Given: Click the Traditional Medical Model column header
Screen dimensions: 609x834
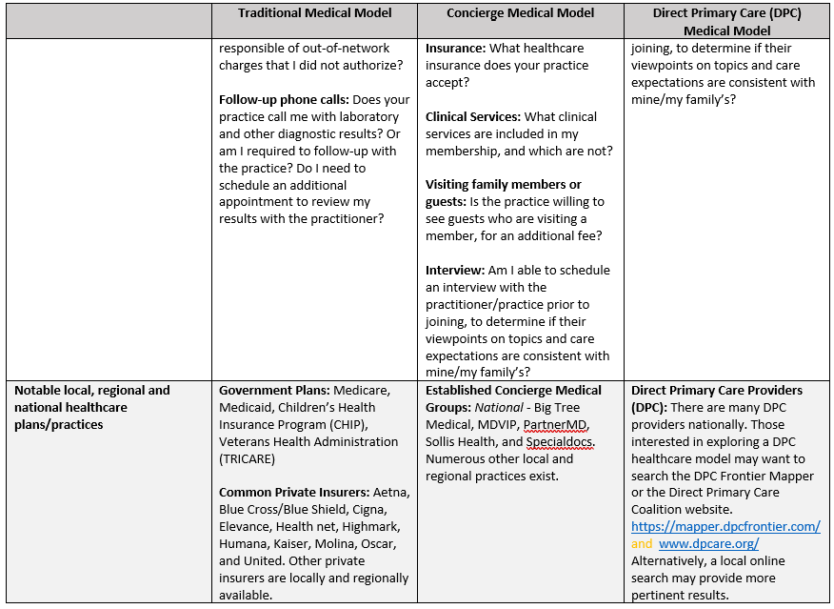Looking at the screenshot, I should click(x=314, y=13).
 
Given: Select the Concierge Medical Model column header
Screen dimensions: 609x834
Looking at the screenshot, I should click(x=521, y=13).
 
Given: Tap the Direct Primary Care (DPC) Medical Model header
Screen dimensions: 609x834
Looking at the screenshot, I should click(x=727, y=22).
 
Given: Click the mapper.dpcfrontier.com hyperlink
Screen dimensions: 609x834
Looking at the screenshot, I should click(x=725, y=526).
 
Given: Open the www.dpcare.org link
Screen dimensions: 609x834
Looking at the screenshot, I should click(x=708, y=543).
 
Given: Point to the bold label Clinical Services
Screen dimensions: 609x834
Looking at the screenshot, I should click(x=471, y=116).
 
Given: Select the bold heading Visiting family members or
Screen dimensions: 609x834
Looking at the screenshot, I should click(x=503, y=184).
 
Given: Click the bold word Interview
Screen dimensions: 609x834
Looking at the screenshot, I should click(x=455, y=270).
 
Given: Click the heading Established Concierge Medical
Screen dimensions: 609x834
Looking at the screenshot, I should click(x=513, y=390).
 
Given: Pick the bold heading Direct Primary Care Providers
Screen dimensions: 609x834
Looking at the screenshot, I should click(x=716, y=390).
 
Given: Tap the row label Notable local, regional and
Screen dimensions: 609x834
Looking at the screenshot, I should click(x=92, y=390).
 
